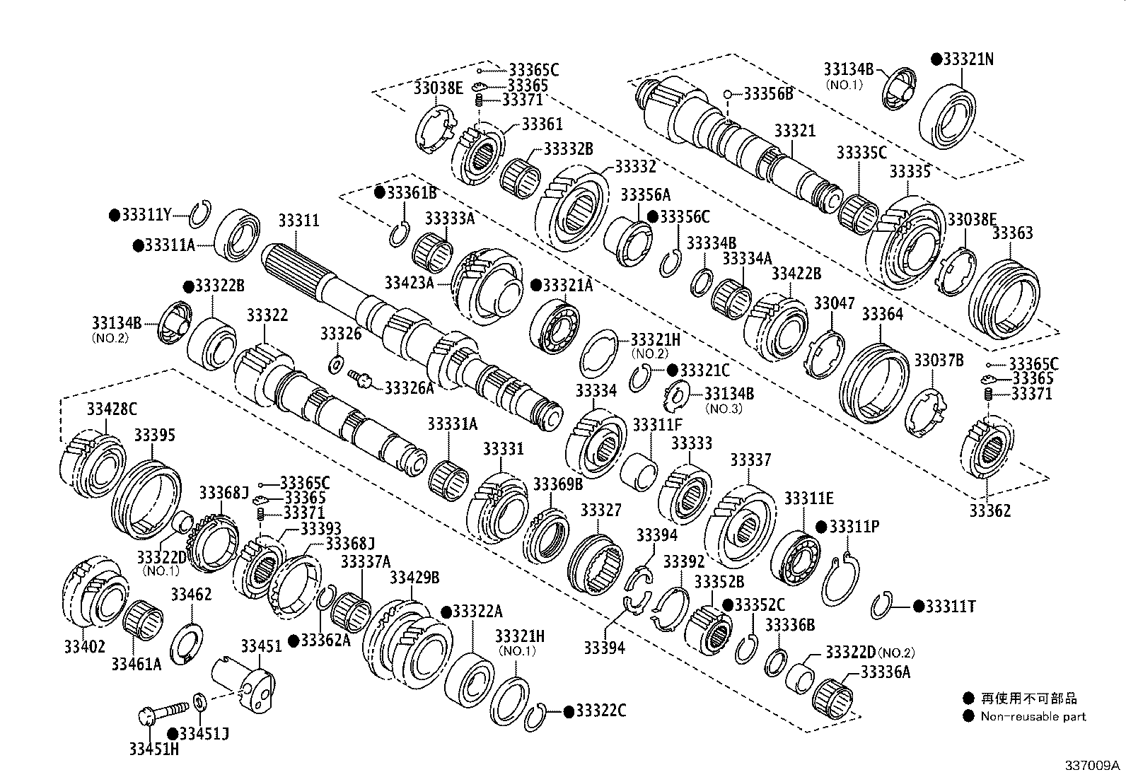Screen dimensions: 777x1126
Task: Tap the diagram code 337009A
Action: (x=1093, y=766)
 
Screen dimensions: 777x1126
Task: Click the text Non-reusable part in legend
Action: (x=1033, y=716)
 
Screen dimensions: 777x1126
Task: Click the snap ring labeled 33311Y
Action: (x=200, y=212)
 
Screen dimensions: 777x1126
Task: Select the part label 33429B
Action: (x=414, y=578)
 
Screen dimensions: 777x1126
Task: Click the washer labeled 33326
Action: (x=336, y=365)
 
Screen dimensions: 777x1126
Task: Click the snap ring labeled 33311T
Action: (x=881, y=606)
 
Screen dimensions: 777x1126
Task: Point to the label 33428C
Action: (x=112, y=409)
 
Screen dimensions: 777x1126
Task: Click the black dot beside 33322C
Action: (x=567, y=711)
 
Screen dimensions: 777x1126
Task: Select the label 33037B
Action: (x=939, y=361)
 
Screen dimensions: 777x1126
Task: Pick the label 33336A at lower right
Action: (x=885, y=672)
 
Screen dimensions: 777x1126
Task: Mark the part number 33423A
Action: (x=409, y=283)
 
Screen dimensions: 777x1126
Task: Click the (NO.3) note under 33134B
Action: (x=724, y=409)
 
